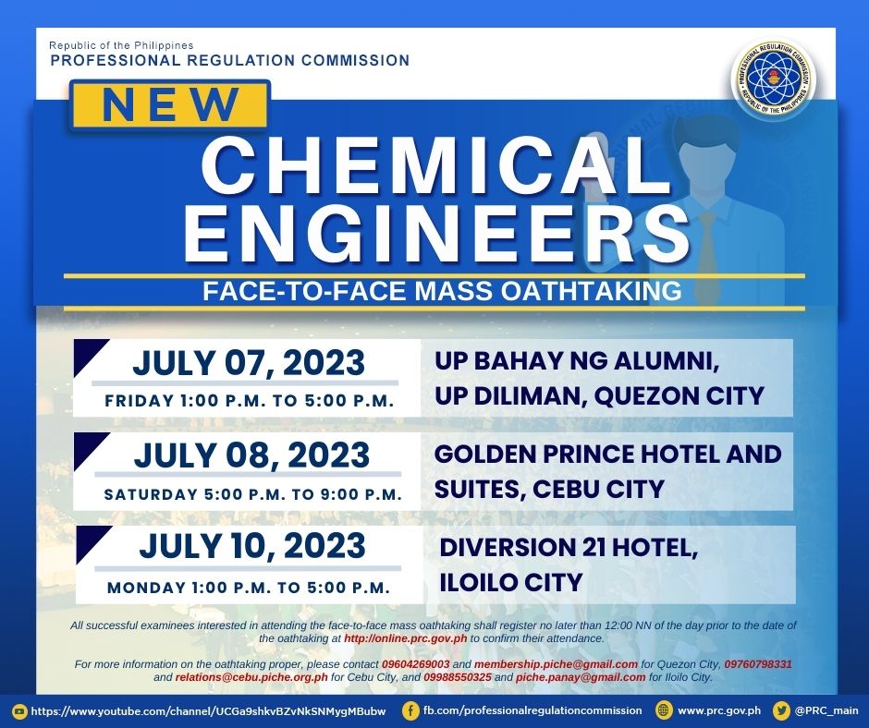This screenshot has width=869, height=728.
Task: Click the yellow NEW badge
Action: [x=169, y=104]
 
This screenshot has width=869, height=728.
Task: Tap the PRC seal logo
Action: [x=773, y=79]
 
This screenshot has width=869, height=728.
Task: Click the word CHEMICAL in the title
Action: [x=427, y=165]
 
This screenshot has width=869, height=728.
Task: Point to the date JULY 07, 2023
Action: [x=249, y=363]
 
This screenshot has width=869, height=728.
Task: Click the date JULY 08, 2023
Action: [x=251, y=455]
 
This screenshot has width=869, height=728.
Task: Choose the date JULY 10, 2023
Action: [x=252, y=546]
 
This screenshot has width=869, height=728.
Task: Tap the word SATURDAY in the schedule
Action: [x=152, y=494]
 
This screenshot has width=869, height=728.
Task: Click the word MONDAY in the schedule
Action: [x=147, y=588]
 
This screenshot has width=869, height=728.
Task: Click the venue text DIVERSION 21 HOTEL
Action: [x=569, y=548]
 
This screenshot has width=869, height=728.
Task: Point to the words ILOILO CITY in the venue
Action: [x=511, y=583]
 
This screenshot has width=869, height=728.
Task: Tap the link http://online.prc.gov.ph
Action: [x=406, y=638]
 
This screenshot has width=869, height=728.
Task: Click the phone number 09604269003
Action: [x=416, y=663]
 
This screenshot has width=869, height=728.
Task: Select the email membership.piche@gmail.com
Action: [x=556, y=664]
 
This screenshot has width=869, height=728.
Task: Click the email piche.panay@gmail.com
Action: [x=581, y=677]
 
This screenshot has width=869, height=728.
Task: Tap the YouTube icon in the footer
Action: [x=20, y=710]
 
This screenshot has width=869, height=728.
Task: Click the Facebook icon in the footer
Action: [x=410, y=710]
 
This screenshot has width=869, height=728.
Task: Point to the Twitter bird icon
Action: [x=781, y=710]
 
